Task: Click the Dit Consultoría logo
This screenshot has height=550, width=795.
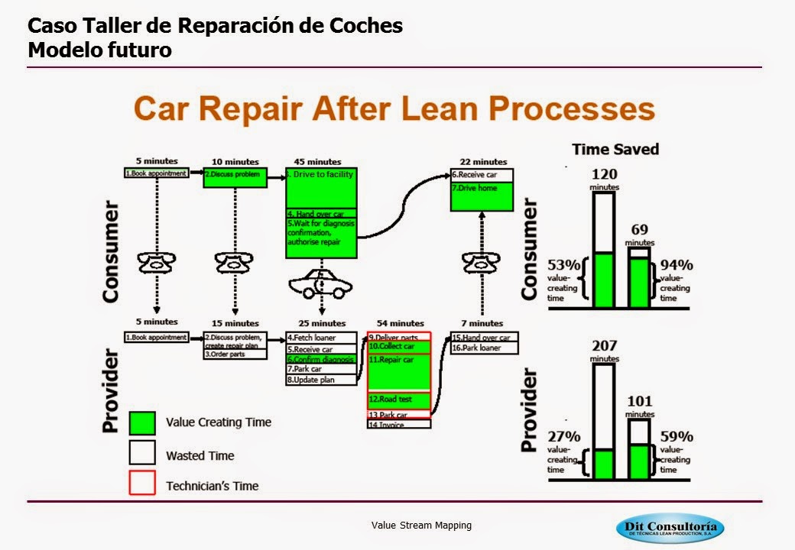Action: tap(670, 528)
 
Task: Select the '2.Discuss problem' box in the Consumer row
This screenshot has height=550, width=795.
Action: tap(235, 178)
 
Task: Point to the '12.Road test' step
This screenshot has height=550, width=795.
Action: tap(399, 400)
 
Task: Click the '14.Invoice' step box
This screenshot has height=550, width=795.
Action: tap(399, 424)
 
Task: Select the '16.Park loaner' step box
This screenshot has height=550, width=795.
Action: tap(485, 348)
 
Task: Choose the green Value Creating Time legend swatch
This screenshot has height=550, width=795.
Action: tap(143, 423)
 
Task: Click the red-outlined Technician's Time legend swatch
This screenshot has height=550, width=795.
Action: tap(143, 484)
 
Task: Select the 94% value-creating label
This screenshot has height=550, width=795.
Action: tap(677, 266)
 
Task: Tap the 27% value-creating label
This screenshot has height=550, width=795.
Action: tap(564, 437)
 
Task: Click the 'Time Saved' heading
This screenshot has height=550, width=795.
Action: tap(615, 149)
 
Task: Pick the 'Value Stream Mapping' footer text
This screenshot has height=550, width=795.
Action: tap(421, 526)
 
